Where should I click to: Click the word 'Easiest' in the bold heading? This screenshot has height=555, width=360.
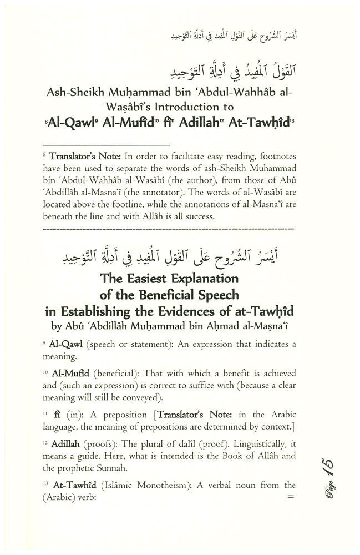click(x=145, y=277)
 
